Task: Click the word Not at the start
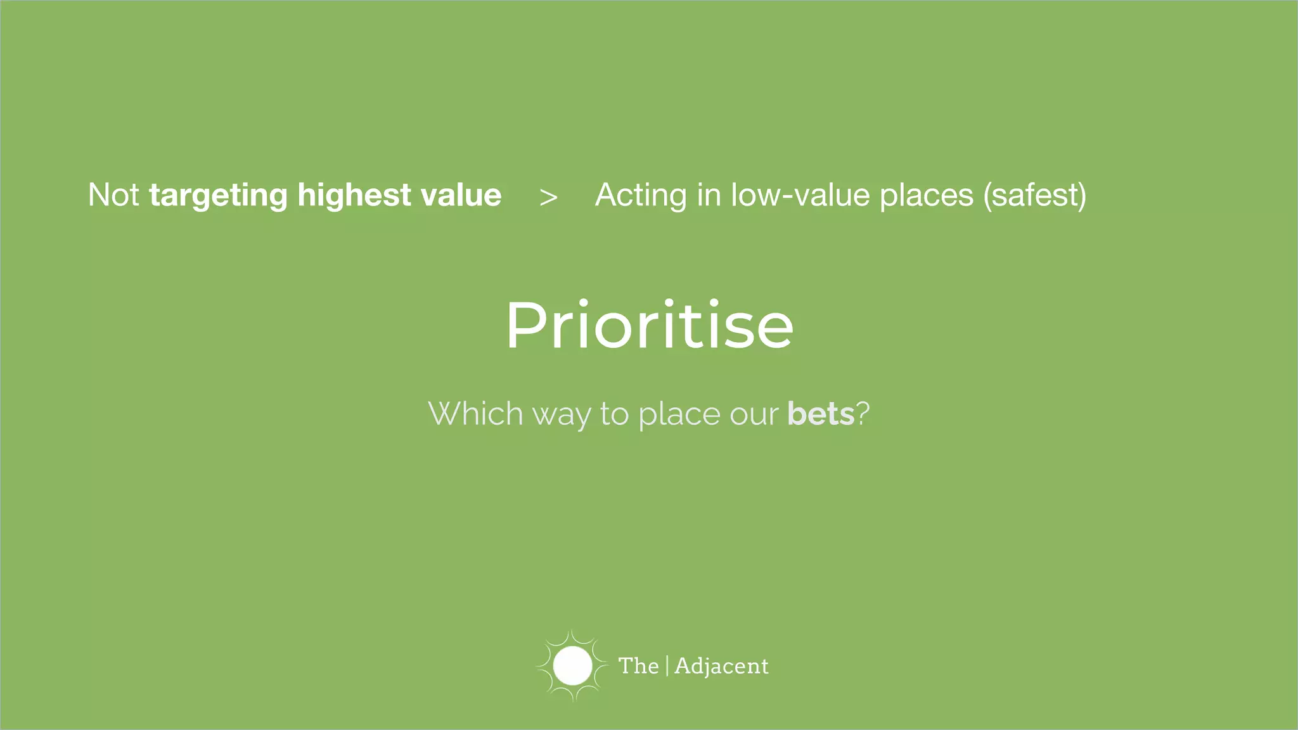pos(113,195)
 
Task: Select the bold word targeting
pos(218,195)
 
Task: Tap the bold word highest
pos(354,195)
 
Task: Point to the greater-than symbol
pos(548,197)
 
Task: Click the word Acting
pos(641,195)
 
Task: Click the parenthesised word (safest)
pos(1034,195)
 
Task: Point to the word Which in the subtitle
pos(475,414)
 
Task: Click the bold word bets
pos(821,414)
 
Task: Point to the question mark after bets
pos(863,414)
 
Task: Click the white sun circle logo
pos(572,666)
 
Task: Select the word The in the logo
pos(638,666)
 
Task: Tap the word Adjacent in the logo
pos(721,666)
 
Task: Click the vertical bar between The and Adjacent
pos(667,666)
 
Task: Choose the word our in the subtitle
pos(754,414)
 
